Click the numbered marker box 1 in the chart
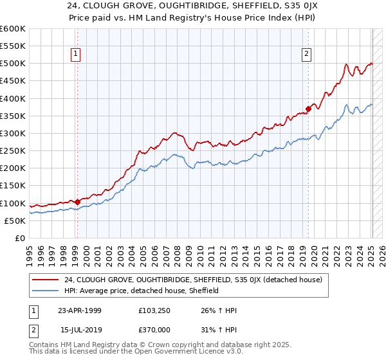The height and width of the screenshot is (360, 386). coord(76,55)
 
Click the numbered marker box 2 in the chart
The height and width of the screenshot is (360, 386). coord(307,55)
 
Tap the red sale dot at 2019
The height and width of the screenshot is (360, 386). coord(308,109)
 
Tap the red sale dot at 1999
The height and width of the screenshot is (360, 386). coord(77,202)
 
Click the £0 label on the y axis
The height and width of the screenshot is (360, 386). coord(19,238)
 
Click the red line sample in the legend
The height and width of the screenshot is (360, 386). coord(46,280)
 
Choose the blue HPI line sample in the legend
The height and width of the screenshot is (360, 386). coord(46,291)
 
